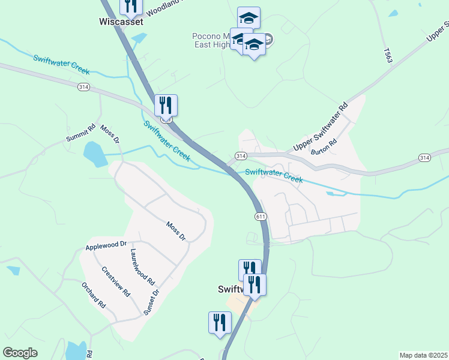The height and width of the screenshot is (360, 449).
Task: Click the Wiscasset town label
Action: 121,22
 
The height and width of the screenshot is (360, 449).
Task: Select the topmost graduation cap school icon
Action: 249,18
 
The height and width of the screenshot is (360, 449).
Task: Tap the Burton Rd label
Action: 325,147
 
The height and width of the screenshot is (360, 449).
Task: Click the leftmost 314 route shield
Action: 83,87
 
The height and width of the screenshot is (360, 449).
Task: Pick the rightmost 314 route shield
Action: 424,157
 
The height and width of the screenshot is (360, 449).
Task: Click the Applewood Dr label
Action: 106,245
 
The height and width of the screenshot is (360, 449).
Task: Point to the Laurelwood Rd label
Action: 142,266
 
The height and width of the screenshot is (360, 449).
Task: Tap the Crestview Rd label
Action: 116,281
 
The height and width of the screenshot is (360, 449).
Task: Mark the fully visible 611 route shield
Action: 260,216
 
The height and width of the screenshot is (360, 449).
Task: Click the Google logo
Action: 20,353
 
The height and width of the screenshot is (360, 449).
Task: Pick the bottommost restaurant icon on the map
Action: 220,322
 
